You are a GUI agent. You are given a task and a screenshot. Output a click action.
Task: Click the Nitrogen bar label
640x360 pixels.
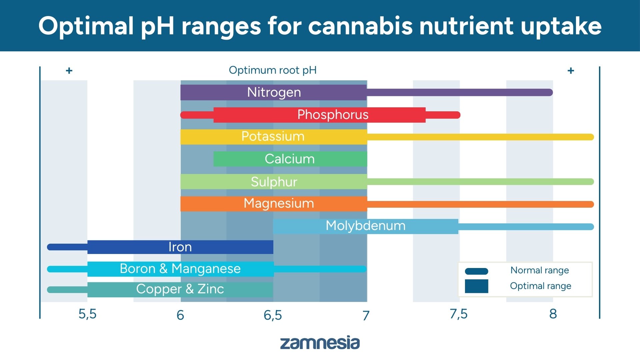[x=274, y=92]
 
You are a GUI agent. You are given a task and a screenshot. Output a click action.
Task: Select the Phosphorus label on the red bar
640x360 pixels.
[x=333, y=115]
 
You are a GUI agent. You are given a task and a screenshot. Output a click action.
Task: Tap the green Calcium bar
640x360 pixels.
[x=290, y=159]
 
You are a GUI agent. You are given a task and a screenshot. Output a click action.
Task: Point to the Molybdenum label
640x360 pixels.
[x=365, y=226]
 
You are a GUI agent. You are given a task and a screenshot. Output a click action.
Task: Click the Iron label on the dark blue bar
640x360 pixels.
[x=180, y=247]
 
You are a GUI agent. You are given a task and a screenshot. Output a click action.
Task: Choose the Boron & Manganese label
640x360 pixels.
[x=180, y=269]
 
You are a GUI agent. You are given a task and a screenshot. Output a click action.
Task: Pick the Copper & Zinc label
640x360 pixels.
[x=180, y=289]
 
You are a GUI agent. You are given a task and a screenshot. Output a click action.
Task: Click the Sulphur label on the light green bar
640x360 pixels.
[x=274, y=182]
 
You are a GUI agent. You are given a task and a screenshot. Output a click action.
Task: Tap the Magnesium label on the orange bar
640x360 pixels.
[x=279, y=203]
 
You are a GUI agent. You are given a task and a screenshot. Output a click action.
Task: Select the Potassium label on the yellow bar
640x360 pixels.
[x=273, y=136]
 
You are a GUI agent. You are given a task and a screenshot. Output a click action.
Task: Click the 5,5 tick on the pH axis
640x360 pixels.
[x=87, y=314]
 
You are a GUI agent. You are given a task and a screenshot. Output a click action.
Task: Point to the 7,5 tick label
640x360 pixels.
[x=458, y=314]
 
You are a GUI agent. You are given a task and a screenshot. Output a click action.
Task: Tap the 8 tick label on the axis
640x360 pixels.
[x=553, y=314]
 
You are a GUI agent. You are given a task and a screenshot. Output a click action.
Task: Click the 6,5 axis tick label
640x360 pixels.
[x=273, y=315]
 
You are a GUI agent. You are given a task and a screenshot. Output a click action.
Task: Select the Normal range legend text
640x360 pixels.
[x=539, y=270]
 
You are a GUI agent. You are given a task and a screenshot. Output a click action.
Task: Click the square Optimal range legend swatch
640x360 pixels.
[x=476, y=286]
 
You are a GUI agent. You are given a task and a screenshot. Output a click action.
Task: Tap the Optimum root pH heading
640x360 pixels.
[x=273, y=70]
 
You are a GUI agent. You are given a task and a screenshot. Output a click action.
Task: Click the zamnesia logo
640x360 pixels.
[x=320, y=343]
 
